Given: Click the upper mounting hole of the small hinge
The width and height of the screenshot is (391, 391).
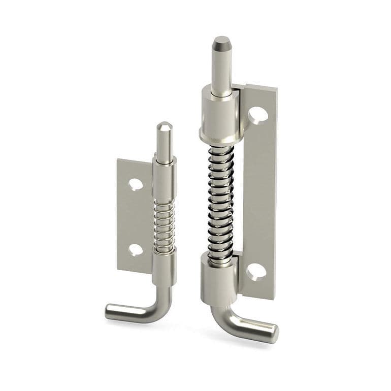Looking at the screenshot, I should [135, 184].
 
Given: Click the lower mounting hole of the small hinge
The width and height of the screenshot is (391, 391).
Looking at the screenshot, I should [135, 249].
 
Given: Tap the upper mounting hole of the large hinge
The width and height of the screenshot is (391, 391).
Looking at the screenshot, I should [258, 114].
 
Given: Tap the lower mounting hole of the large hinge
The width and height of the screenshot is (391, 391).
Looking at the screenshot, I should [256, 272].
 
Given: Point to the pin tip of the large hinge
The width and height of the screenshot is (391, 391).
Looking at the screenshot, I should [221, 43].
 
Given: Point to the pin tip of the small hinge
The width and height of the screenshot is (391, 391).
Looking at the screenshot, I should [164, 126].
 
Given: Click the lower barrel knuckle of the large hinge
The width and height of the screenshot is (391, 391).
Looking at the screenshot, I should [219, 279].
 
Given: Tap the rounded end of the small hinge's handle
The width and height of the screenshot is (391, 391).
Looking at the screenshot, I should [110, 311].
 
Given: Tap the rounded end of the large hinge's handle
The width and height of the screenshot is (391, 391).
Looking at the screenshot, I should [273, 333].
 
